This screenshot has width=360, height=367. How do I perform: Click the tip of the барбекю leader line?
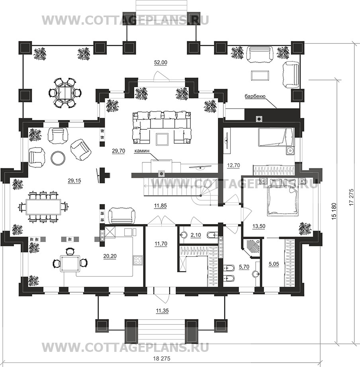277,108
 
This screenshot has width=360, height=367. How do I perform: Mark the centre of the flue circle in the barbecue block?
259,119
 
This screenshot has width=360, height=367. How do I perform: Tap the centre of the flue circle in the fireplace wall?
161,174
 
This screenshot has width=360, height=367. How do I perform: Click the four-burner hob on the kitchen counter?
138,260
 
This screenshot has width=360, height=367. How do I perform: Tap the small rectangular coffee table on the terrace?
260,75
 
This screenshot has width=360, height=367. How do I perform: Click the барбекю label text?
255,96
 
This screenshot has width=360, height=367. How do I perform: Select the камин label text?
141,151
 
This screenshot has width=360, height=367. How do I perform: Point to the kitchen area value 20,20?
110,256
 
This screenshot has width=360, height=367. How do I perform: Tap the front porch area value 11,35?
162,311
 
